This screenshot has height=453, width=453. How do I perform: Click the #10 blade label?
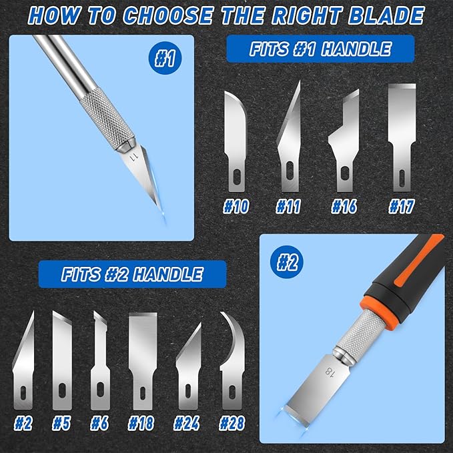(236, 207)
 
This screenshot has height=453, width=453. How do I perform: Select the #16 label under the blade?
(346, 207)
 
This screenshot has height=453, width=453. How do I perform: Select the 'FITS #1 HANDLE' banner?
(320, 49)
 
